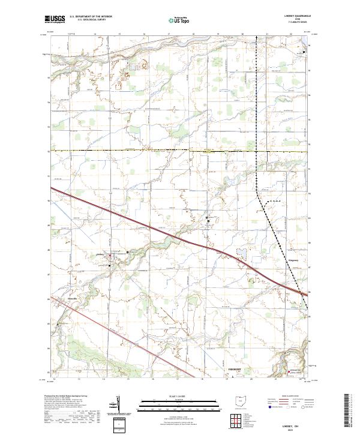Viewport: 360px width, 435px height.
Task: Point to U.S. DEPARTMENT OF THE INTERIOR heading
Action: coord(91,17)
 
